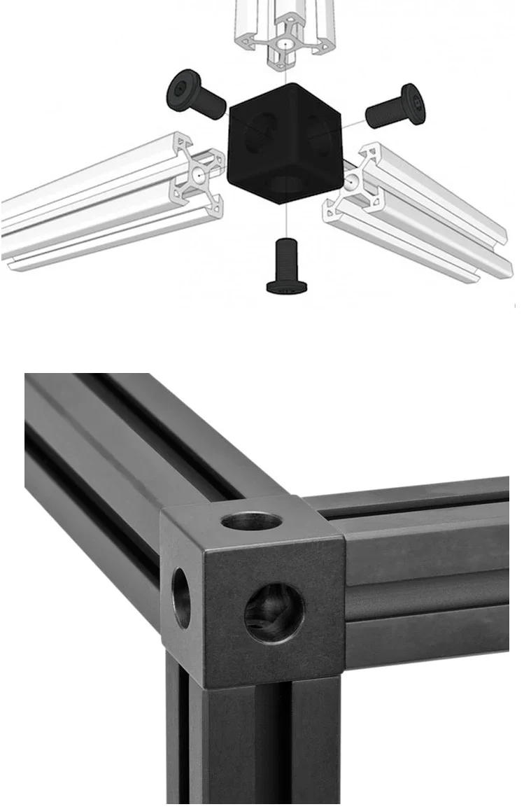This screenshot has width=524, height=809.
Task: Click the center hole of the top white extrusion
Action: pos(285,44)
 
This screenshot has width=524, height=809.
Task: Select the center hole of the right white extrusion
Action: pos(349,181)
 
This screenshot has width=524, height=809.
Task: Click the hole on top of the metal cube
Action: pos(251,521)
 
